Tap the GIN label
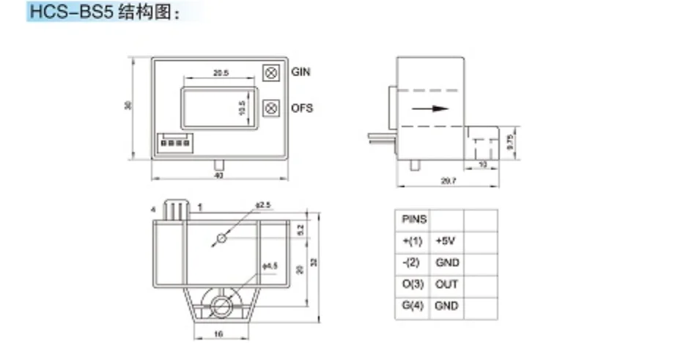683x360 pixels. click(301, 72)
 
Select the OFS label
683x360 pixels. click(302, 108)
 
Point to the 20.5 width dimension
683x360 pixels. click(221, 73)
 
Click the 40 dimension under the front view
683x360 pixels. click(218, 176)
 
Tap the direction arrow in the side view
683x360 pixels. click(430, 109)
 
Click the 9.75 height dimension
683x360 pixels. click(511, 141)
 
